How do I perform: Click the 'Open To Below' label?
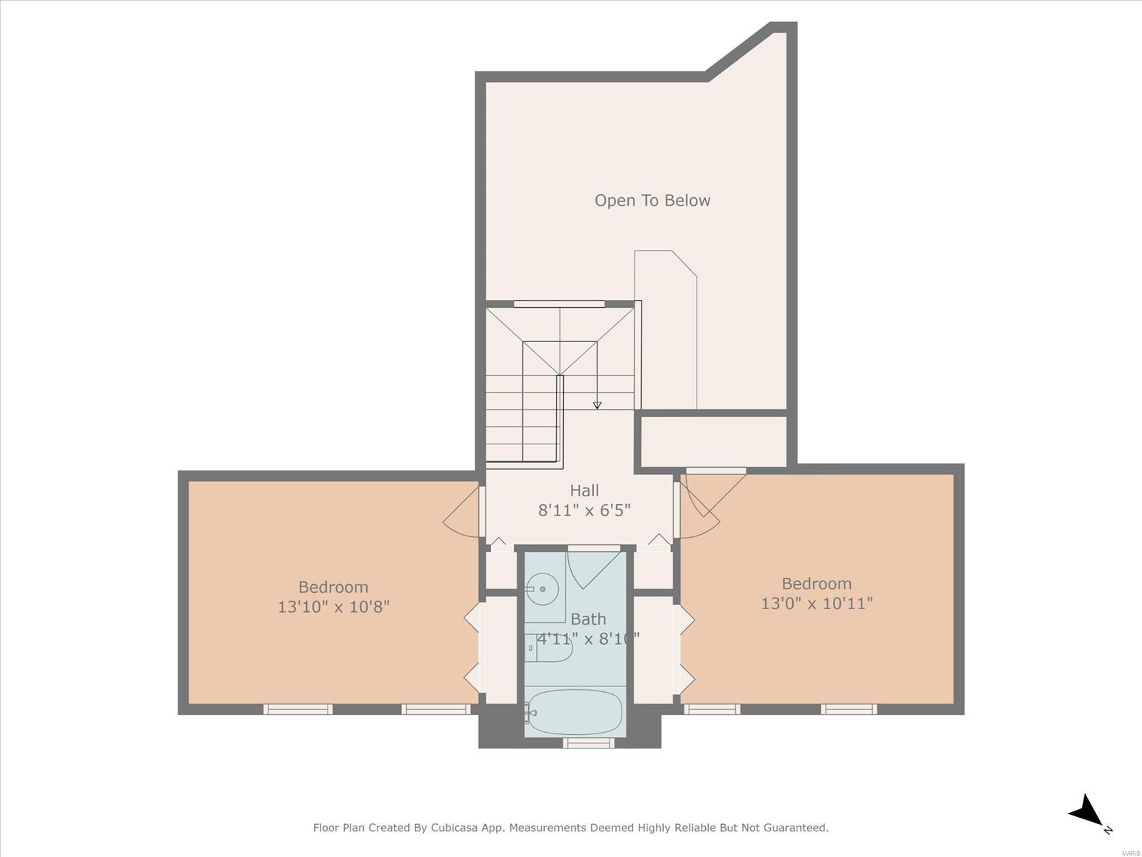(x=652, y=201)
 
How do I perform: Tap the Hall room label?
(x=585, y=490)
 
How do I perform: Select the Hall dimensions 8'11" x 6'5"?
(x=585, y=511)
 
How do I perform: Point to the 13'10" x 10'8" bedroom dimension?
(x=333, y=607)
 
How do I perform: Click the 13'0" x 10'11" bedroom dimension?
(x=817, y=603)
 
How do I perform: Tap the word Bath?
(x=588, y=619)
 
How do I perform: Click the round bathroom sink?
(x=542, y=589)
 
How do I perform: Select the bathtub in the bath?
(x=574, y=712)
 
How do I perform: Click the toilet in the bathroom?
(x=548, y=648)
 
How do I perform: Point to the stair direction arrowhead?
(x=597, y=405)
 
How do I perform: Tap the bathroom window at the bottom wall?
(x=588, y=743)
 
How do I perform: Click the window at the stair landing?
(x=560, y=304)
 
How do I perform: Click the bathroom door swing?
(x=594, y=571)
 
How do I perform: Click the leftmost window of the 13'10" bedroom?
(x=298, y=709)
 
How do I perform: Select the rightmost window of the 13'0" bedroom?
(x=849, y=709)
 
